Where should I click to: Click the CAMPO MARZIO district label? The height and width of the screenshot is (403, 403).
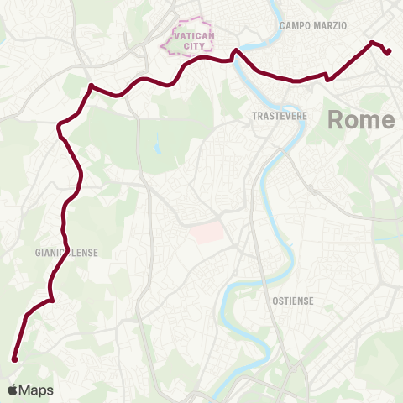tap(313, 25)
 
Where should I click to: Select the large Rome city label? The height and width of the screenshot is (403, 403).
tap(360, 119)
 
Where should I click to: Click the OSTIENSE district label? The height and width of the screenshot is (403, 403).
tap(293, 299)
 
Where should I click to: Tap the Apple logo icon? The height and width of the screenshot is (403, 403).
tap(12, 390)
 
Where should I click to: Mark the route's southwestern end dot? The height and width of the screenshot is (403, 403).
tap(14, 359)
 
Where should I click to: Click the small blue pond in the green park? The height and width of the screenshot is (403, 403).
tap(156, 148)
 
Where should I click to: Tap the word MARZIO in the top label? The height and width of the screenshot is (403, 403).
tap(331, 25)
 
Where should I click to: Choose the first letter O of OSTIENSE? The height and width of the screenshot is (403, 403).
tap(276, 299)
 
